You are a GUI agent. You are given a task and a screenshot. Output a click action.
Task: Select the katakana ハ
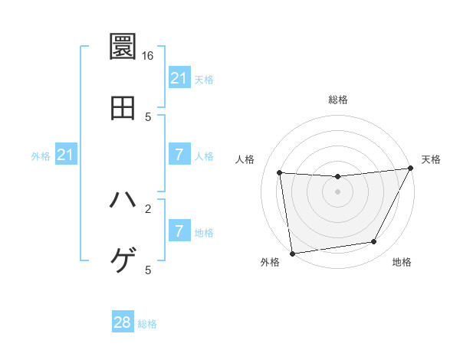point(123,199)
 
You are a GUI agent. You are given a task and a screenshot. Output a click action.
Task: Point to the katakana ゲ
point(123,260)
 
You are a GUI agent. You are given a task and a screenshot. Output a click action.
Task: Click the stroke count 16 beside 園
point(148,56)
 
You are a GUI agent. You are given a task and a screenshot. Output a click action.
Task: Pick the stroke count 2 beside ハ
point(148,208)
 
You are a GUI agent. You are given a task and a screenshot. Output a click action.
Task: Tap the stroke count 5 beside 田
point(148,116)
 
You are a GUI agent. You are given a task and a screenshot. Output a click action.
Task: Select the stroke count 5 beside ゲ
point(148,270)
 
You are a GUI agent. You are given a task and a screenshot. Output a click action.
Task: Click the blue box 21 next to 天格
point(179,77)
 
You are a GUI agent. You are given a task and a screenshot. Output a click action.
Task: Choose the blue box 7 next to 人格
point(179,155)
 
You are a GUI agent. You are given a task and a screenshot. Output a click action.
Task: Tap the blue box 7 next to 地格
point(179,231)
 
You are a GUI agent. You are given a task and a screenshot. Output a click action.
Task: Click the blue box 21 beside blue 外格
point(65,155)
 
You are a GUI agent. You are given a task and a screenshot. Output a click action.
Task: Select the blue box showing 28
point(123,322)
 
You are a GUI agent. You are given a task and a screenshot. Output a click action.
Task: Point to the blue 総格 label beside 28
point(147,324)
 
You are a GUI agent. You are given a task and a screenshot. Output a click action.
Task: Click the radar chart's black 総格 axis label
point(337,100)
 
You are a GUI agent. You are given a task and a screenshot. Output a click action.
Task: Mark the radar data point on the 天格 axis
point(411,169)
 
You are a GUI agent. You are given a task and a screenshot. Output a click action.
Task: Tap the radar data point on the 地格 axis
point(374,242)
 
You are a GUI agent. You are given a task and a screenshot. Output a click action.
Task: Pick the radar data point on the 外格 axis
point(292,253)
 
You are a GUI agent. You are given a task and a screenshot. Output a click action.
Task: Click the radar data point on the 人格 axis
point(280,173)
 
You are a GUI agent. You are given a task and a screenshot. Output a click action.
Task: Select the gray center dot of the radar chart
point(337,191)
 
